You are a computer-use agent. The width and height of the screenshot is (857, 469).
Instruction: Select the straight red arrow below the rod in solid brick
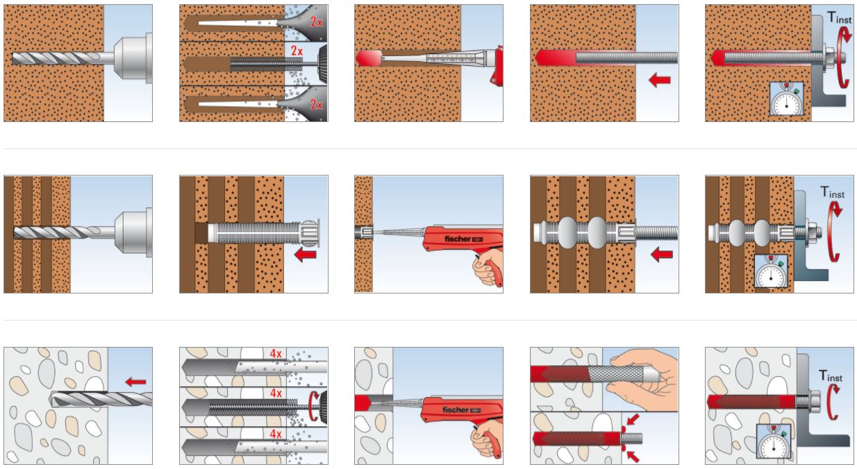coord(659,80)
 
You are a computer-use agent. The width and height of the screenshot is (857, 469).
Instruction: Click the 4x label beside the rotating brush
coord(276,393)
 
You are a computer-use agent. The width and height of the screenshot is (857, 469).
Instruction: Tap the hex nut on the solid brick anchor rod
coord(825,56)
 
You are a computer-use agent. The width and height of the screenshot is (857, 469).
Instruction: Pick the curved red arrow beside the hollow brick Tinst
coord(833,236)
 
